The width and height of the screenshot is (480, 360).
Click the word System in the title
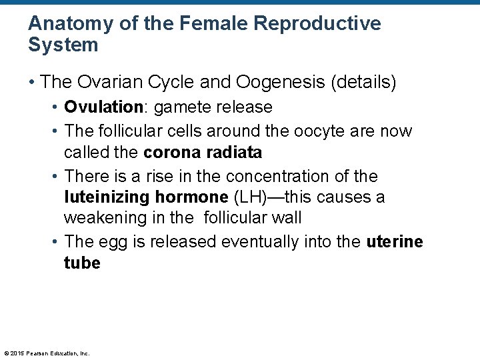tap(63, 45)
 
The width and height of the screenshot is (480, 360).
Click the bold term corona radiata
tap(203, 153)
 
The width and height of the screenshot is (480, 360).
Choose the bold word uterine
tap(395, 241)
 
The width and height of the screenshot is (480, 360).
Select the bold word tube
tap(82, 263)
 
